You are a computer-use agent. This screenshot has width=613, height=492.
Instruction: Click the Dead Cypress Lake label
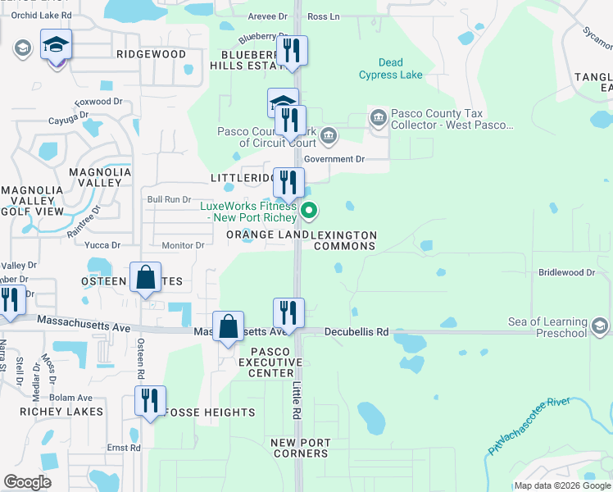coord(390,69)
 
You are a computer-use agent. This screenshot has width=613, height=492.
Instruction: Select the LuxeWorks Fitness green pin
coord(309,212)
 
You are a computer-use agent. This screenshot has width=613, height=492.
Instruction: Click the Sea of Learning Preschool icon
coord(599,327)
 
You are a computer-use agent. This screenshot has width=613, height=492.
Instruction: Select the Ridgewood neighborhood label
coord(151,54)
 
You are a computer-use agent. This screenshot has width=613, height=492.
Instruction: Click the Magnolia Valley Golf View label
coord(33,201)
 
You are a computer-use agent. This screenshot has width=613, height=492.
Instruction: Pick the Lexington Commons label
coord(345,241)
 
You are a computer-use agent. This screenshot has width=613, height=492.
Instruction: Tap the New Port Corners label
coord(301,448)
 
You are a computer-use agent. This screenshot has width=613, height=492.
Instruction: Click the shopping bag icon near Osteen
coord(145,278)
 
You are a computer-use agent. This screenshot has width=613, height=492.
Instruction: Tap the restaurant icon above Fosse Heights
coord(150,401)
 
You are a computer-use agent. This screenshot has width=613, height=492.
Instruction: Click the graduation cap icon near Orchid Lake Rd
coord(56,44)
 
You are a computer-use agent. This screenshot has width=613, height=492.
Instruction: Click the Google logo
coord(28,482)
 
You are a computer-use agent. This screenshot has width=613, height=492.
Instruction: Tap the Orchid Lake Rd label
coord(41,16)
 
